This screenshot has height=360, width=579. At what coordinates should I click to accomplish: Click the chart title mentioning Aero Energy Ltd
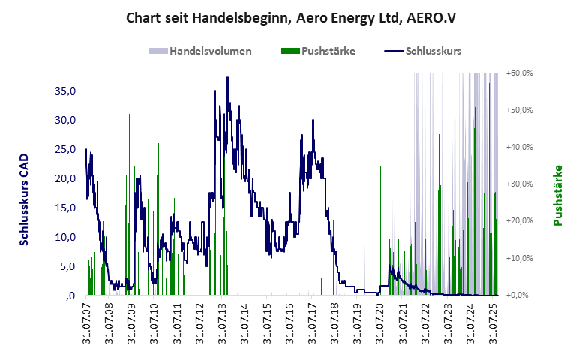[289, 17]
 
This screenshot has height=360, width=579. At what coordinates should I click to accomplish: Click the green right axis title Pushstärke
[557, 195]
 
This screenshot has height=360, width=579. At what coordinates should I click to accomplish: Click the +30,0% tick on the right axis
[519, 184]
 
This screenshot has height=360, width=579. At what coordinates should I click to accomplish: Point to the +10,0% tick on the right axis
[519, 258]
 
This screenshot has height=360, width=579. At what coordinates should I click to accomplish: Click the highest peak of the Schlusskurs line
[227, 76]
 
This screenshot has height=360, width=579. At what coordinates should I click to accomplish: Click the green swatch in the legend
[289, 51]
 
